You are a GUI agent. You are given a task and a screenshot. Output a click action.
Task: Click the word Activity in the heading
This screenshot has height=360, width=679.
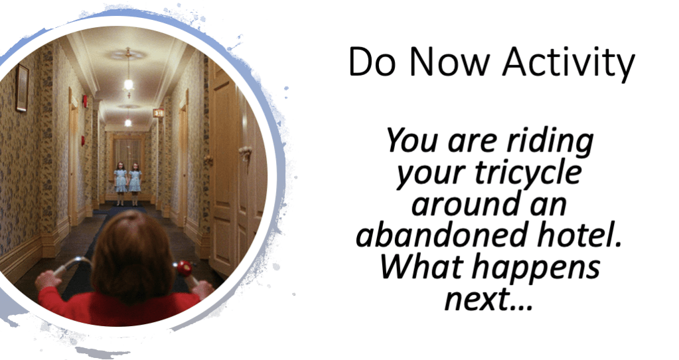pyautogui.click(x=569, y=63)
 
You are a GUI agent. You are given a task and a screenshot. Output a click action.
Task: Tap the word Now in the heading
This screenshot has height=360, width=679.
pyautogui.click(x=448, y=62)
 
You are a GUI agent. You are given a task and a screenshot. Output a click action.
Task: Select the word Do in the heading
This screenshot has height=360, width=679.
pyautogui.click(x=372, y=62)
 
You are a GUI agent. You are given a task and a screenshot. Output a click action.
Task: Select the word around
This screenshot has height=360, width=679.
pyautogui.click(x=463, y=205)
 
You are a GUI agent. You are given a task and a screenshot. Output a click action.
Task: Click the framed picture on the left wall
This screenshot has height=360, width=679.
pyautogui.click(x=22, y=88)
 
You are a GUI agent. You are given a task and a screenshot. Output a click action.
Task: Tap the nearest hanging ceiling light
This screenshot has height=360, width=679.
pyautogui.click(x=128, y=80)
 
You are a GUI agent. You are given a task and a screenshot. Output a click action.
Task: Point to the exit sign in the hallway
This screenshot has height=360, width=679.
pyautogui.click(x=159, y=113)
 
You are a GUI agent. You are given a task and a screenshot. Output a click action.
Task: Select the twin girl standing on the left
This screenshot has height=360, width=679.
pyautogui.click(x=120, y=184)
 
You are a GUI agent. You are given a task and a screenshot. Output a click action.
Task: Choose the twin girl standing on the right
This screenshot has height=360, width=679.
pyautogui.click(x=135, y=184)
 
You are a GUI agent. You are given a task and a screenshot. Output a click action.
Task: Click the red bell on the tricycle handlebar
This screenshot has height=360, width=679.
pyautogui.click(x=185, y=268)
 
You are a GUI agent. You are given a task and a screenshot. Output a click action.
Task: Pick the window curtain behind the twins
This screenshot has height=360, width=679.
pyautogui.click(x=127, y=155)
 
